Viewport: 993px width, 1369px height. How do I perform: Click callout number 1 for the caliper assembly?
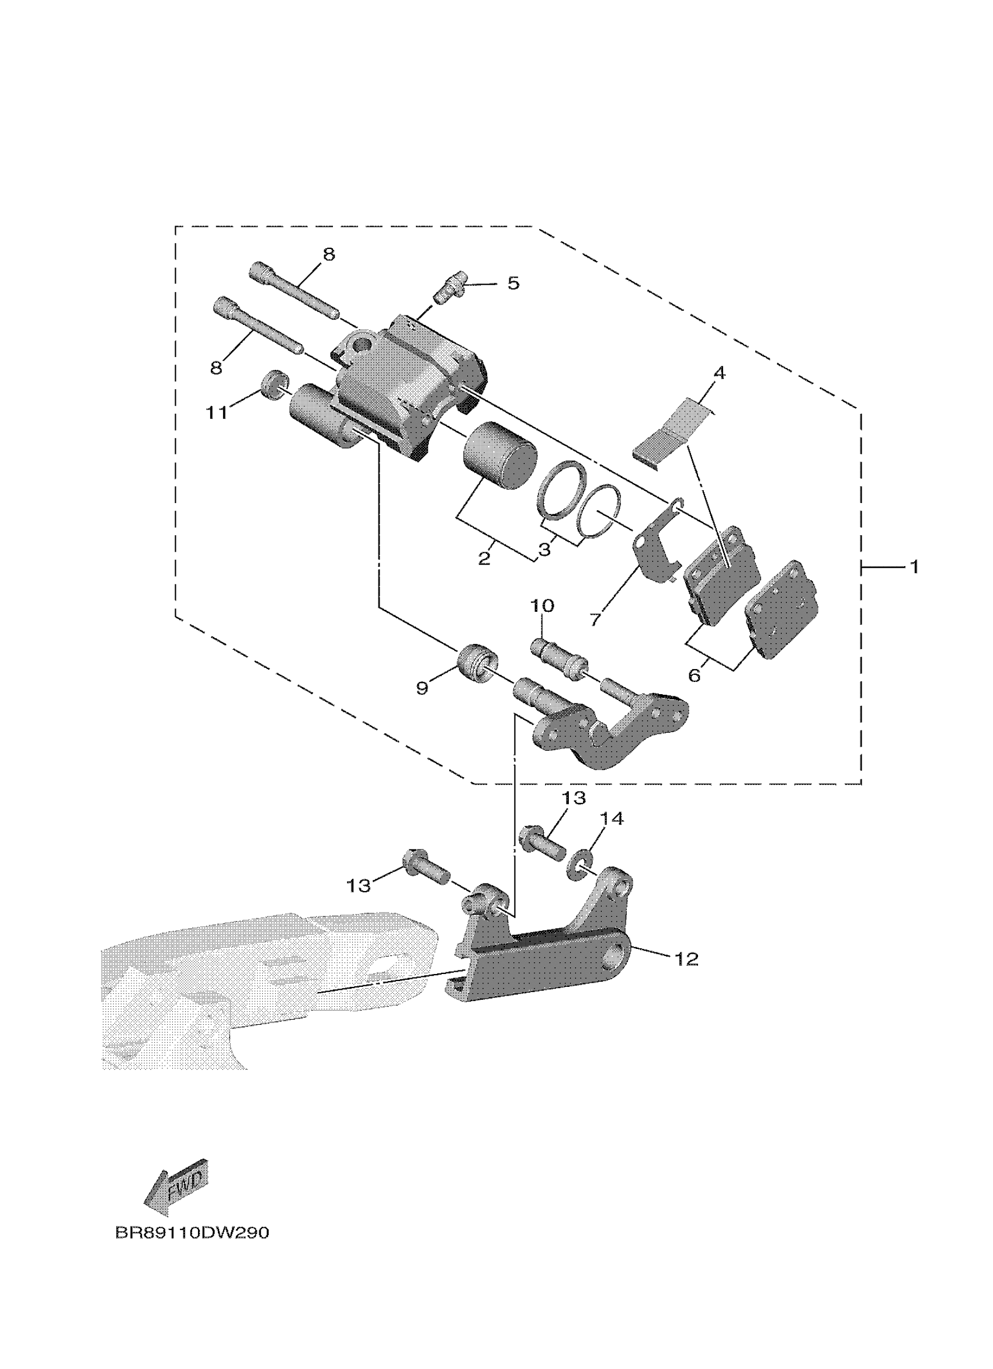(914, 567)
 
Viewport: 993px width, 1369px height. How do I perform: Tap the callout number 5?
(513, 283)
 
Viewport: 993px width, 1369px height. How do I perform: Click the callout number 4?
(718, 372)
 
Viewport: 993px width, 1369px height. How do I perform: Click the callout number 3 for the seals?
(545, 550)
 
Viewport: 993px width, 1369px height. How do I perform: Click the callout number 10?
(541, 605)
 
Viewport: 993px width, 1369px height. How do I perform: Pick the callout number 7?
(595, 620)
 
